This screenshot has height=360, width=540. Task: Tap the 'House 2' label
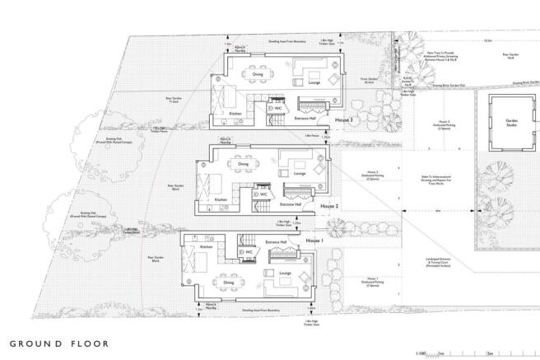pyautogui.click(x=330, y=205)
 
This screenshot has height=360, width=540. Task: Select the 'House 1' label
pyautogui.click(x=314, y=240)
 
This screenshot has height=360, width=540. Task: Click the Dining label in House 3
pyautogui.click(x=256, y=74)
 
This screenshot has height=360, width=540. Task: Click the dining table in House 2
pyautogui.click(x=244, y=174)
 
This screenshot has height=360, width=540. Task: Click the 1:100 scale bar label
pyautogui.click(x=421, y=352)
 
